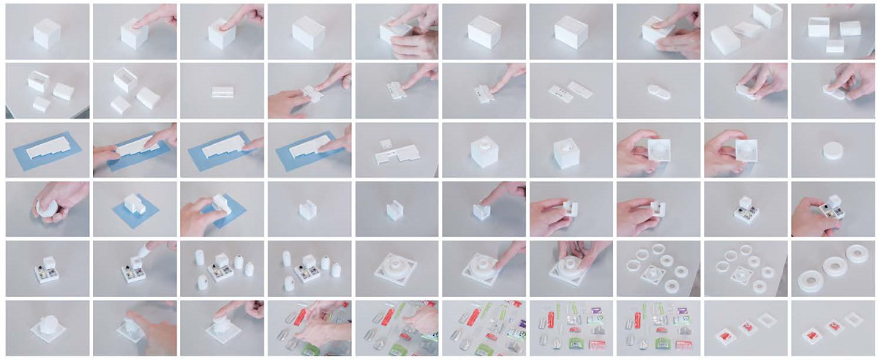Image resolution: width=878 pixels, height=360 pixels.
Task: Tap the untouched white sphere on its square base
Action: pyautogui.click(x=46, y=326)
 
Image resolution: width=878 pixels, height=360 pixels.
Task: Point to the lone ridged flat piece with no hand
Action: pyautogui.click(x=222, y=92)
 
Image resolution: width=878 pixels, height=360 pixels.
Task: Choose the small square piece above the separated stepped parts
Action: pyautogui.click(x=386, y=143)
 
